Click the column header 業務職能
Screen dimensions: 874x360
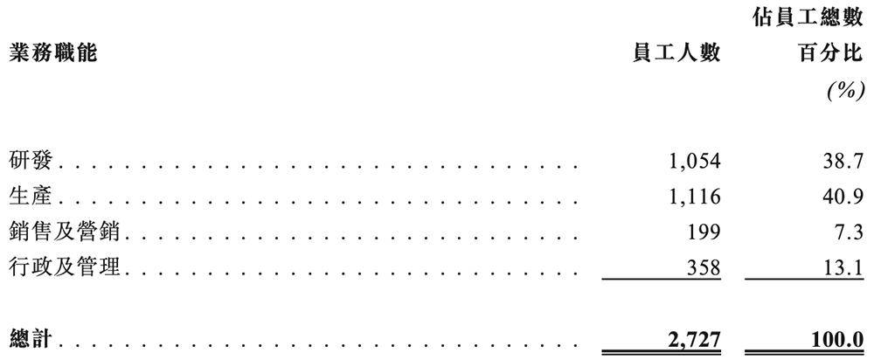point(53,54)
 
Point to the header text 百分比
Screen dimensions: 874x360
point(831,54)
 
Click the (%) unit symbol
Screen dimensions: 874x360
point(846,90)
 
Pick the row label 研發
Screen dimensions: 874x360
point(31,161)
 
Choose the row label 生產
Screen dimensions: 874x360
point(31,196)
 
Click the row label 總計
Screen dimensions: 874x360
point(32,338)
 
